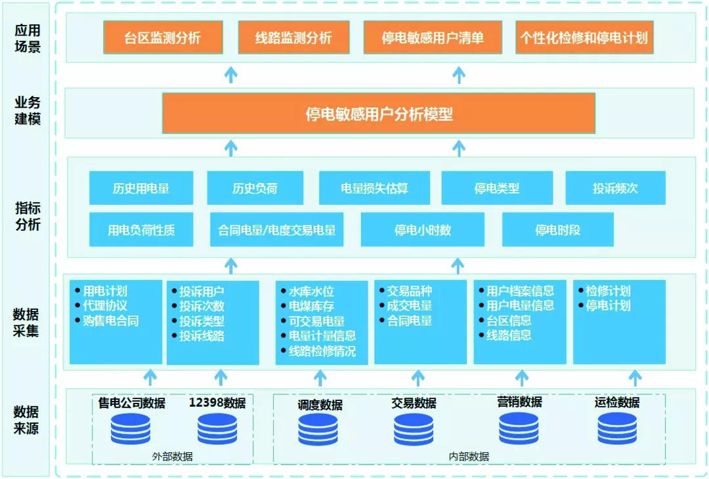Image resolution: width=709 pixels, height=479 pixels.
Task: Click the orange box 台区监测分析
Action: pos(163,37)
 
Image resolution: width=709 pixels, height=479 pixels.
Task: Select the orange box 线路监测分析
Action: pos(293,37)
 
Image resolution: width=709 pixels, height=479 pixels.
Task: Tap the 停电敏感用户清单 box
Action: pos(433,37)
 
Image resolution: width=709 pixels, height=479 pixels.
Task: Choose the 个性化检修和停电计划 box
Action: pos(584,37)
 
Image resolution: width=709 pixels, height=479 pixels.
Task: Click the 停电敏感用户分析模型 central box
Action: pos(379,114)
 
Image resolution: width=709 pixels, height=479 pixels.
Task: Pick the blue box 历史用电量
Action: pos(141,188)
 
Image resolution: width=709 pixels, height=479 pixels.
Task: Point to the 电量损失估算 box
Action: pos(374,188)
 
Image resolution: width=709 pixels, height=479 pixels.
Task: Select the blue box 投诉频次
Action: pos(615,188)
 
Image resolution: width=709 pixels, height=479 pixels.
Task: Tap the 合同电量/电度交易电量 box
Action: pos(276,230)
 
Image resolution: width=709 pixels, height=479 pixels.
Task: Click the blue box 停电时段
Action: pos(557,230)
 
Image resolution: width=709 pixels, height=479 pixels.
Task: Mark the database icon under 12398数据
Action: pos(217,429)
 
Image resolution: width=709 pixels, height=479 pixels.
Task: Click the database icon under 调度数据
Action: pos(318,429)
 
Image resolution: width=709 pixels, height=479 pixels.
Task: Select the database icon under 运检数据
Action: pos(617,428)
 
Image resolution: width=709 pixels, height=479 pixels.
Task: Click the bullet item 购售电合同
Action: pos(110,321)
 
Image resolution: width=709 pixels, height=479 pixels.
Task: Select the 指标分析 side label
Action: pos(28,217)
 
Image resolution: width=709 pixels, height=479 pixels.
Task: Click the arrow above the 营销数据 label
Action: pos(522,377)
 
